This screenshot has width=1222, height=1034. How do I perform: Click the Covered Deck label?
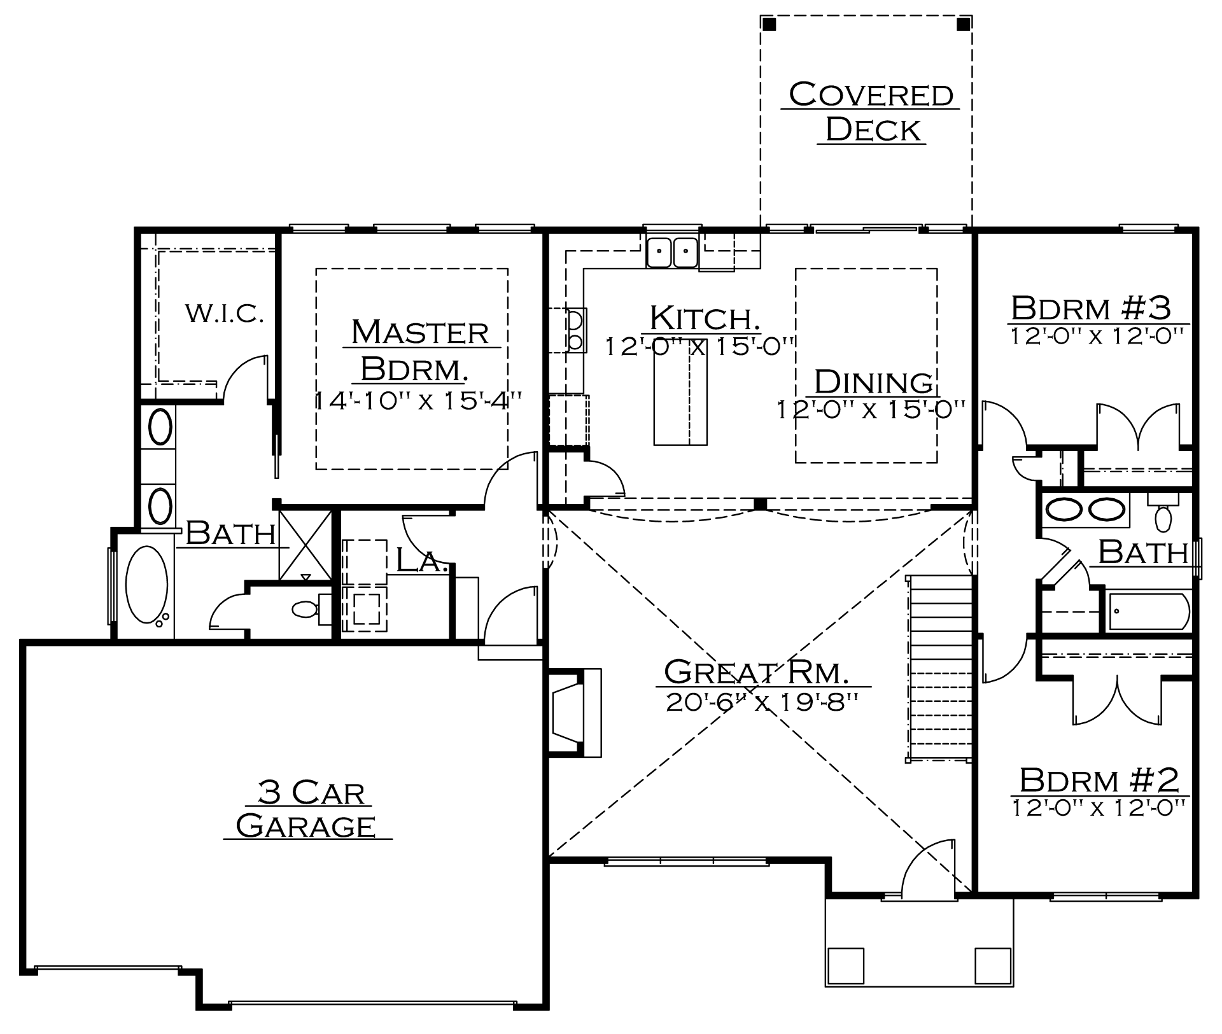871,111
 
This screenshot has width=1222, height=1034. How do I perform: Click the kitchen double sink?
672,251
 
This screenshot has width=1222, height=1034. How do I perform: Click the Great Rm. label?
756,671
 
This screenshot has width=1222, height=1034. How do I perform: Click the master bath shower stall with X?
305,544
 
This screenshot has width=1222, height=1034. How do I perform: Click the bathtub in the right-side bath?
1149,611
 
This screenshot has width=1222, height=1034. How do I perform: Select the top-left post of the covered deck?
769,24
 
